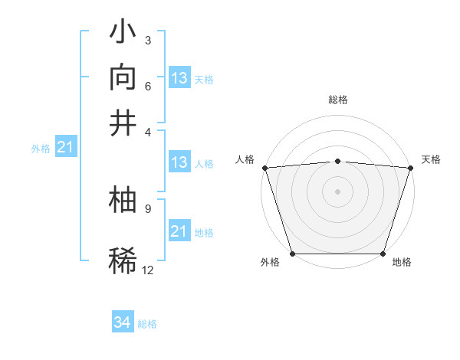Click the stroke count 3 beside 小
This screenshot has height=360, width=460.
[x=147, y=40]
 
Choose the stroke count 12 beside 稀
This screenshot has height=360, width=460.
[x=148, y=270]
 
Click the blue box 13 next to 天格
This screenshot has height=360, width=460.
[x=179, y=78]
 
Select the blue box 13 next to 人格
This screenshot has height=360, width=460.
[x=179, y=162]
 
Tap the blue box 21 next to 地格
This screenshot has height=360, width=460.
[x=179, y=231]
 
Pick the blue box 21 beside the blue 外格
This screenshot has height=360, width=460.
[x=65, y=147]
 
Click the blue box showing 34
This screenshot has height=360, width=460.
[x=123, y=322]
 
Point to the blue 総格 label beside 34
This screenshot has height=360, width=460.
[x=147, y=324]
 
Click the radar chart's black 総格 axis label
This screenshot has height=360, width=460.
[x=337, y=100]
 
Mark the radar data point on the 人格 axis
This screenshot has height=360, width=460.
[x=264, y=167]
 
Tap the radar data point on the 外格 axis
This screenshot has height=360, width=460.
[x=292, y=254]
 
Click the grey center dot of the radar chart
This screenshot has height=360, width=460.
[x=337, y=191]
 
